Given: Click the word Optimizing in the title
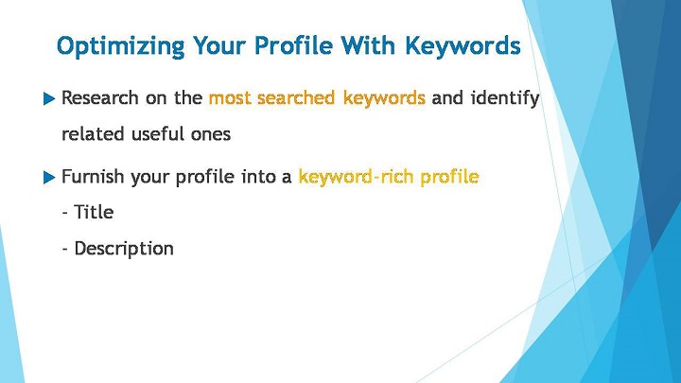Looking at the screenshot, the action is click(x=121, y=46).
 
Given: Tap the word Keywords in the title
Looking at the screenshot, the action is click(x=463, y=45).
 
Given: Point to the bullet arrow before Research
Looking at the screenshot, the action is click(x=49, y=99).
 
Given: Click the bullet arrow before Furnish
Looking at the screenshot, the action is click(x=49, y=178).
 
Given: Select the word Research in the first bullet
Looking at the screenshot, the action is click(x=100, y=97).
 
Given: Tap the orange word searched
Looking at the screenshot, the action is click(x=296, y=97).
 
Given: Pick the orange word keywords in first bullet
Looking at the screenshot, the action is click(x=384, y=98).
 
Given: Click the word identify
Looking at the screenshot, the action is click(x=505, y=98).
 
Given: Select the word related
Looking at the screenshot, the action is click(x=93, y=133).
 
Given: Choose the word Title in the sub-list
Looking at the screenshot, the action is click(x=94, y=213).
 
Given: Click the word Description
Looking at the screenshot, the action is click(x=124, y=249).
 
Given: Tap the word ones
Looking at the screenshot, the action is click(x=211, y=134).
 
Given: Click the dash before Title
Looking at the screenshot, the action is click(x=65, y=214).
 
